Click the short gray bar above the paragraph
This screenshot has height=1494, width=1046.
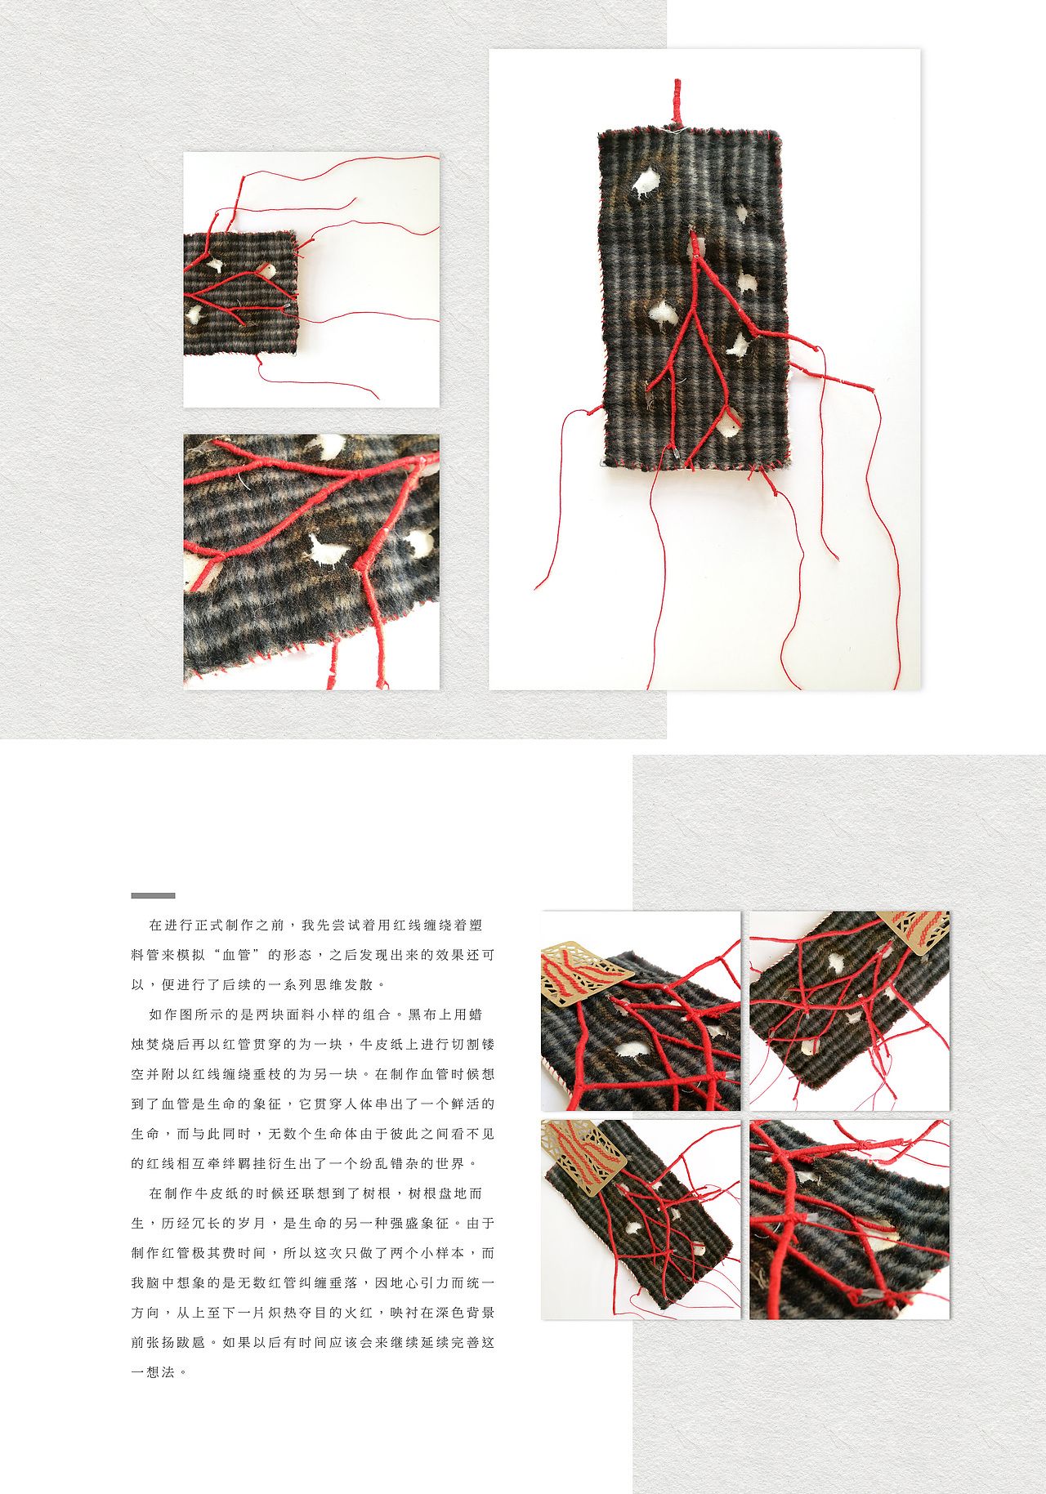click(153, 895)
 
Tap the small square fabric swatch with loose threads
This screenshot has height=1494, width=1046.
click(240, 294)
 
